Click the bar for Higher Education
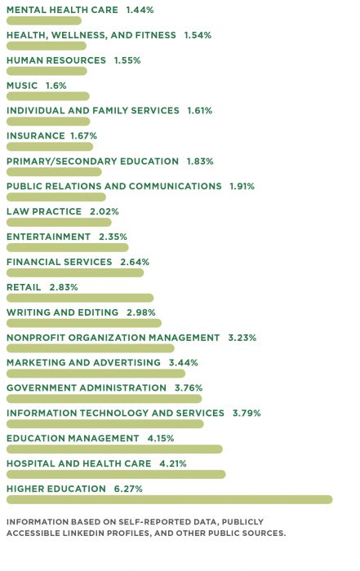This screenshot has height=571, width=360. point(170,499)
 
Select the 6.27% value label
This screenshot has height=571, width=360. point(128,489)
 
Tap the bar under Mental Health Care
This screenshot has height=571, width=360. point(44,20)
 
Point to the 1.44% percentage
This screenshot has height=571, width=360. point(140,10)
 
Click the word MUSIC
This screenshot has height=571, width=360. point(22,86)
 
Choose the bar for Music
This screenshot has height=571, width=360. point(48,96)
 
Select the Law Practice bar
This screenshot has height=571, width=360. point(59,222)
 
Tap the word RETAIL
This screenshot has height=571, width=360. point(24,287)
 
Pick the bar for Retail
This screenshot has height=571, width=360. point(80,298)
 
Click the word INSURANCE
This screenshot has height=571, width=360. point(36,136)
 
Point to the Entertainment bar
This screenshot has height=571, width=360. point(68,248)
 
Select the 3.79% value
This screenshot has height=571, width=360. point(247,414)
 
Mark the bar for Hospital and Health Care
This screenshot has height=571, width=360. point(116,474)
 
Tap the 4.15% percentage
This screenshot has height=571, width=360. point(161,439)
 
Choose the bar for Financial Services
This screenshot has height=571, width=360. point(75,272)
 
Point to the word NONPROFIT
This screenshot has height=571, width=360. point(36,338)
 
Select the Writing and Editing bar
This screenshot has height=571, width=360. point(84,323)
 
